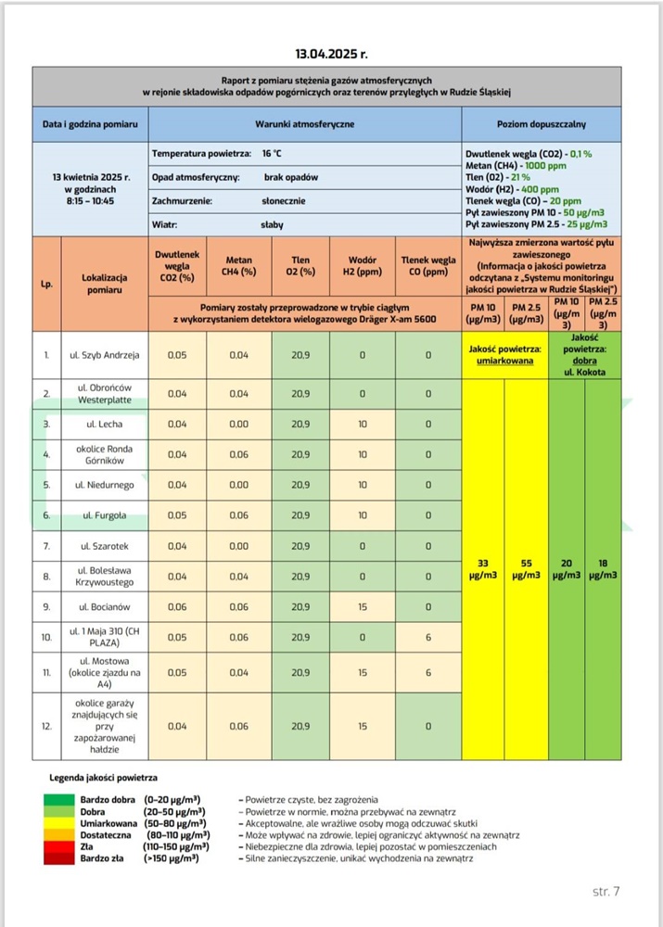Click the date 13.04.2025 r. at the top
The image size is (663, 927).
click(331, 54)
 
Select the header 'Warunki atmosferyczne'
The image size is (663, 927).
click(305, 123)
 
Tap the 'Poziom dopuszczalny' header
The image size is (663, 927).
click(540, 123)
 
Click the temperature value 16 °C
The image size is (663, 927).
click(272, 152)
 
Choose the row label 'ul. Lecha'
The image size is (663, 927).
click(104, 424)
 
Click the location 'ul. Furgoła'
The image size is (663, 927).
click(104, 515)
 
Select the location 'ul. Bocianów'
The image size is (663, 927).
click(104, 607)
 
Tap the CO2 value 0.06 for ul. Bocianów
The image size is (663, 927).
click(177, 607)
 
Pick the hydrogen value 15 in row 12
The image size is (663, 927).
click(363, 727)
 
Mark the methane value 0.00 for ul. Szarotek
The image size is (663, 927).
click(238, 546)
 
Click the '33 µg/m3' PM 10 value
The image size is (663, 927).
click(483, 569)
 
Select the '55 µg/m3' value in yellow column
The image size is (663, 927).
click(527, 569)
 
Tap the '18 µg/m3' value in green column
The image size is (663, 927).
click(602, 569)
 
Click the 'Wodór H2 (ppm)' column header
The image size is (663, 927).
click(363, 266)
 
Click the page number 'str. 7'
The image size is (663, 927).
click(606, 892)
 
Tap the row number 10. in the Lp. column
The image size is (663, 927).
click(46, 638)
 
